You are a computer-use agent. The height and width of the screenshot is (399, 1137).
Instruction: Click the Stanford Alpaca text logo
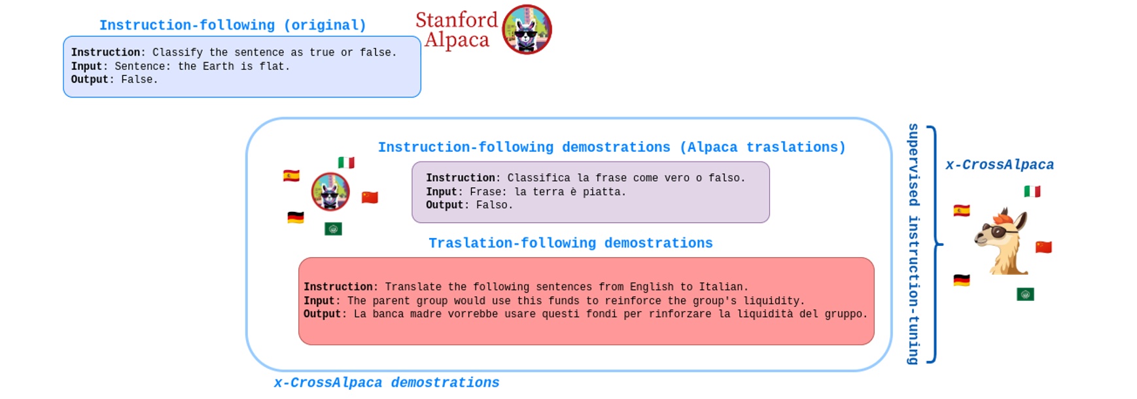457,30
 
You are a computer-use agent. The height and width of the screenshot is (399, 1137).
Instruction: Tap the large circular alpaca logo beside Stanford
527,29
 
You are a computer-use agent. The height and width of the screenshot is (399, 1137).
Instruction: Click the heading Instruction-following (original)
232,26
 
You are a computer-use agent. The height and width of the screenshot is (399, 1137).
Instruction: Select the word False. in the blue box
139,80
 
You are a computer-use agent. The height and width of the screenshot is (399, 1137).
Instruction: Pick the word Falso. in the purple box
494,205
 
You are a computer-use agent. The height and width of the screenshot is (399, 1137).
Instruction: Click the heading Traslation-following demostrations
570,243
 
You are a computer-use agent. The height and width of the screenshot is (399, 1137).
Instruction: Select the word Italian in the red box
722,287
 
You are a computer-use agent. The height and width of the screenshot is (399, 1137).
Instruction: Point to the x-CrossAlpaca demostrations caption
386,383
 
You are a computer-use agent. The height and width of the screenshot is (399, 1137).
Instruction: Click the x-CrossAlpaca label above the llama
999,165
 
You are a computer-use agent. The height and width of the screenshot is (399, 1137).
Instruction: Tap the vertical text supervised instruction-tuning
913,243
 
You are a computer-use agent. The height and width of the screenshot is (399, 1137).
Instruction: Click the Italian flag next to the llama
1032,192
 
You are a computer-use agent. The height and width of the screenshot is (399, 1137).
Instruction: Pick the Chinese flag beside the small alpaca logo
370,198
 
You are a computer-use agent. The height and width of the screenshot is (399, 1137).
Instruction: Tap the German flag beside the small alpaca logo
296,218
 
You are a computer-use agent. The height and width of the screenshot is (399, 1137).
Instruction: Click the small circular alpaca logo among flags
330,192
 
